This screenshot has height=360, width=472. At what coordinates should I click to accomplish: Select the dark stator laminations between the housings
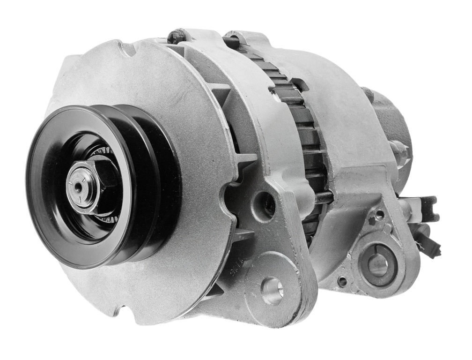pyautogui.click(x=304, y=117)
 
